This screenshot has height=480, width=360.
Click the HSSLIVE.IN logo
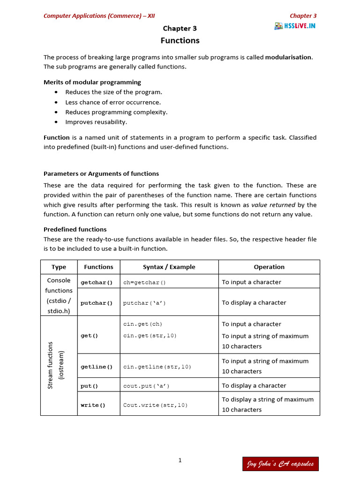[295, 26]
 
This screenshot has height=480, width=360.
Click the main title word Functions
[180, 41]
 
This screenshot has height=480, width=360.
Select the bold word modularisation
[288, 57]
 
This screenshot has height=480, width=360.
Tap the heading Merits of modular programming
[92, 82]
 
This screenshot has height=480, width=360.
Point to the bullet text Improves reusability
[96, 122]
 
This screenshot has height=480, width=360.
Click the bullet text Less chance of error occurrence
[113, 102]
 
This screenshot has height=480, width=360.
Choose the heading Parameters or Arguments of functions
[101, 173]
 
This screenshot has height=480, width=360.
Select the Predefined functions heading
[75, 229]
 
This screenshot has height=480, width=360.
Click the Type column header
[59, 267]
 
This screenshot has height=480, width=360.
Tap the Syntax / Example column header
[169, 267]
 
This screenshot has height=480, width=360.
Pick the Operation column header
[269, 267]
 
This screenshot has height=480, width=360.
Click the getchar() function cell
[97, 283]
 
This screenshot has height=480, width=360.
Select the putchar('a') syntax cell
[144, 303]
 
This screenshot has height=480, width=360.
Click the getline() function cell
[97, 367]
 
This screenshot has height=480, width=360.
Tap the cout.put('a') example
[146, 386]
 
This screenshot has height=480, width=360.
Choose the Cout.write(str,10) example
[155, 405]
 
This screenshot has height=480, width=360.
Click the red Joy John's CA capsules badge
[280, 464]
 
